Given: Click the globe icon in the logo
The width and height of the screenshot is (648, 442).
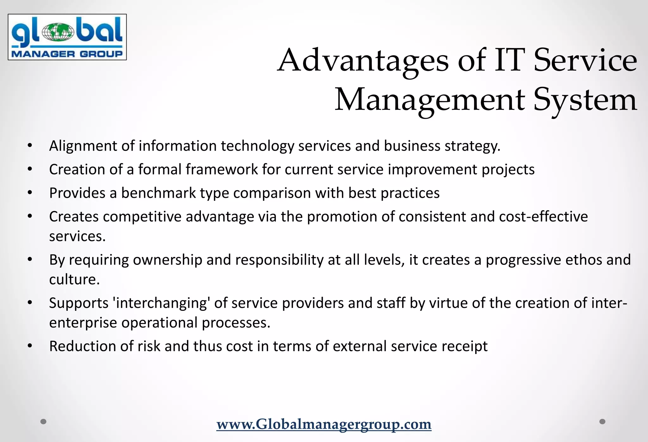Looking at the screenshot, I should click(58, 32).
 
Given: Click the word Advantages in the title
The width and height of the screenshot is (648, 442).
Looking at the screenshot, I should click(363, 60).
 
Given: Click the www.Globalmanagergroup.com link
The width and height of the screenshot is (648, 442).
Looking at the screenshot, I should click(324, 424).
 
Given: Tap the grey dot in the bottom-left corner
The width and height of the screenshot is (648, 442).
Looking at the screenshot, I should click(44, 421).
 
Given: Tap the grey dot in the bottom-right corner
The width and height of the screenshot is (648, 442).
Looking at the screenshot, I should click(602, 421).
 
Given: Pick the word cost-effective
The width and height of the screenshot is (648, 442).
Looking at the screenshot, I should click(543, 217).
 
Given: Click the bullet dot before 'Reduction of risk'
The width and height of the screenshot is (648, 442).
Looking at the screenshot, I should click(30, 346).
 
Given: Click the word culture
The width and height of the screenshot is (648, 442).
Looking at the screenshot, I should click(74, 279).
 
